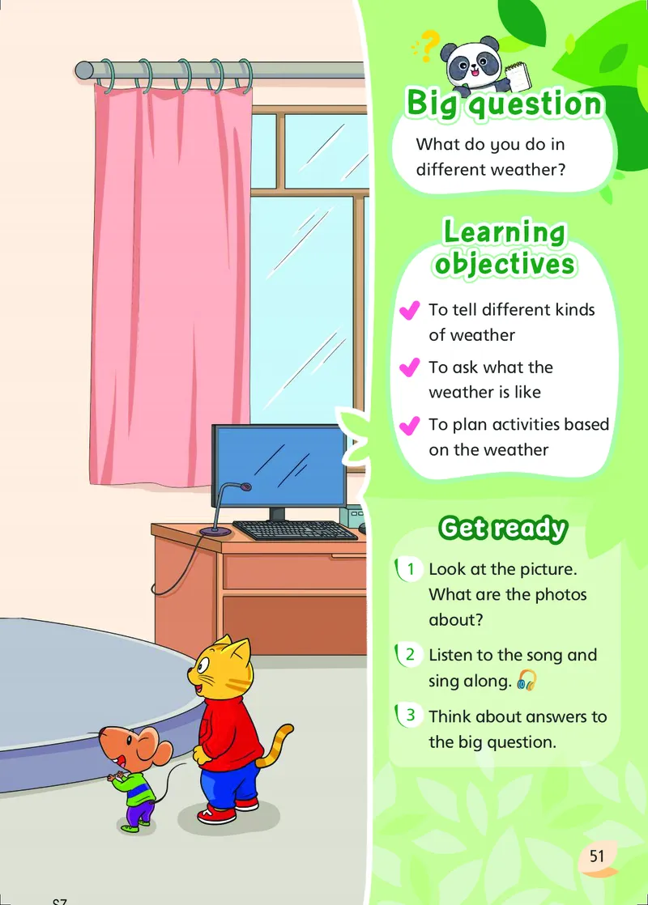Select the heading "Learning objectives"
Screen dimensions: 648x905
click(x=505, y=248)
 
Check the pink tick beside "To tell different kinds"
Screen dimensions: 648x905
click(x=410, y=311)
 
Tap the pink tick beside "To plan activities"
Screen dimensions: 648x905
click(x=410, y=426)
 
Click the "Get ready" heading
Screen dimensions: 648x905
click(x=503, y=528)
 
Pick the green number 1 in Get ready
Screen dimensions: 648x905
click(x=411, y=569)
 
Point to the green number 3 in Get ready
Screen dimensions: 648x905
click(x=411, y=715)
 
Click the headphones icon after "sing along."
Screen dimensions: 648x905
click(x=526, y=680)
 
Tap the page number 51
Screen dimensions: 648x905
click(x=597, y=856)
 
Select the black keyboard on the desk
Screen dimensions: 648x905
click(x=295, y=530)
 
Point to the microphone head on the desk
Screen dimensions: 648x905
click(x=246, y=487)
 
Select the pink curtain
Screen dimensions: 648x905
click(x=170, y=283)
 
